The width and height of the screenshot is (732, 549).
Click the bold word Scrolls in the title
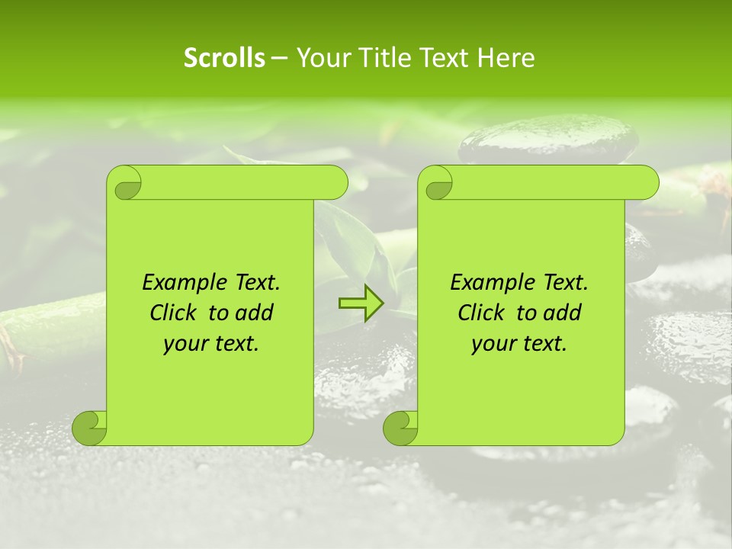coord(224,57)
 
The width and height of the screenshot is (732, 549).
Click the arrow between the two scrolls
coord(361,304)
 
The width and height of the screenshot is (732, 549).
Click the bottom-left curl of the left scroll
coord(90,428)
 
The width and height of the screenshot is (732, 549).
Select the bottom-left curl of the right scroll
coord(400,428)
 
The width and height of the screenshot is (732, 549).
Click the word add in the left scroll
coord(255,313)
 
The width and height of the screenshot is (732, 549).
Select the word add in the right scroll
coord(563,313)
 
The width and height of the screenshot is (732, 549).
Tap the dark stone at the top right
coord(549,140)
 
